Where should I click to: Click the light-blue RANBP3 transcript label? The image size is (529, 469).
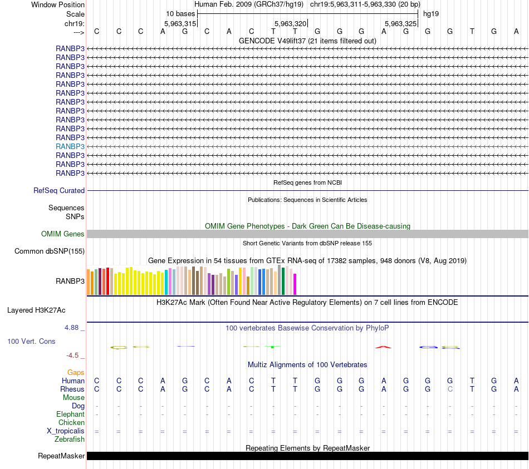[70, 146]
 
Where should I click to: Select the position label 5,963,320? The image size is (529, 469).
[291, 24]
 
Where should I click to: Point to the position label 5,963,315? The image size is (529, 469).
[180, 24]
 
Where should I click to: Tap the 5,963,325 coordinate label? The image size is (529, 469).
[400, 24]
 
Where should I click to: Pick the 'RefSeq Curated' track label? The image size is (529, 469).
[59, 190]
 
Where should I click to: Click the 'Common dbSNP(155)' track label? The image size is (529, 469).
[50, 251]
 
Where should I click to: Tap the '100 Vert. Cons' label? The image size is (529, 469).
[31, 341]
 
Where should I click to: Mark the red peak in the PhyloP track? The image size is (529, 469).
[383, 347]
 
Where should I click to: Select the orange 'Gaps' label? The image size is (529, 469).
[76, 372]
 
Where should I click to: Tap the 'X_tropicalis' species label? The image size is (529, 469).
[66, 431]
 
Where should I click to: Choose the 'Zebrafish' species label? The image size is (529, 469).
[70, 440]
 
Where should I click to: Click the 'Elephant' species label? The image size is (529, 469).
[70, 414]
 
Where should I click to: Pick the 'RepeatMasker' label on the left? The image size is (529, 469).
[61, 456]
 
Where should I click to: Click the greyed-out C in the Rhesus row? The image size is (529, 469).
[450, 389]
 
